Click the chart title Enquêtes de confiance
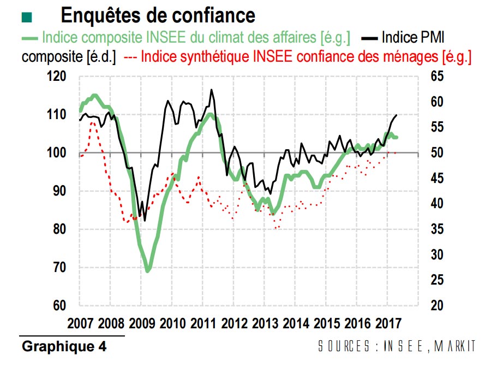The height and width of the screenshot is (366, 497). coord(158,15)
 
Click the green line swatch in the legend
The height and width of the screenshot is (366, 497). coord(30,39)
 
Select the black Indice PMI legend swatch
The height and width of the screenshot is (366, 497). coord(371,39)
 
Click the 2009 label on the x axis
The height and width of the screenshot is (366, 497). coord(142,322)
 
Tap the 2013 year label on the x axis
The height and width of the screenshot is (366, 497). coord(265,322)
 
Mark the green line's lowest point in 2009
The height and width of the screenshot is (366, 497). coord(147,270)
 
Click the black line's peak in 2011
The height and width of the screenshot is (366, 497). coord(211,90)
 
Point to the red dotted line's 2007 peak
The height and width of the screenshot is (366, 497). coord(92,122)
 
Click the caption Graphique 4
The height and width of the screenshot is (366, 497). coord(64,346)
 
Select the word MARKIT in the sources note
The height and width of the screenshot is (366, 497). coord(456,346)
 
